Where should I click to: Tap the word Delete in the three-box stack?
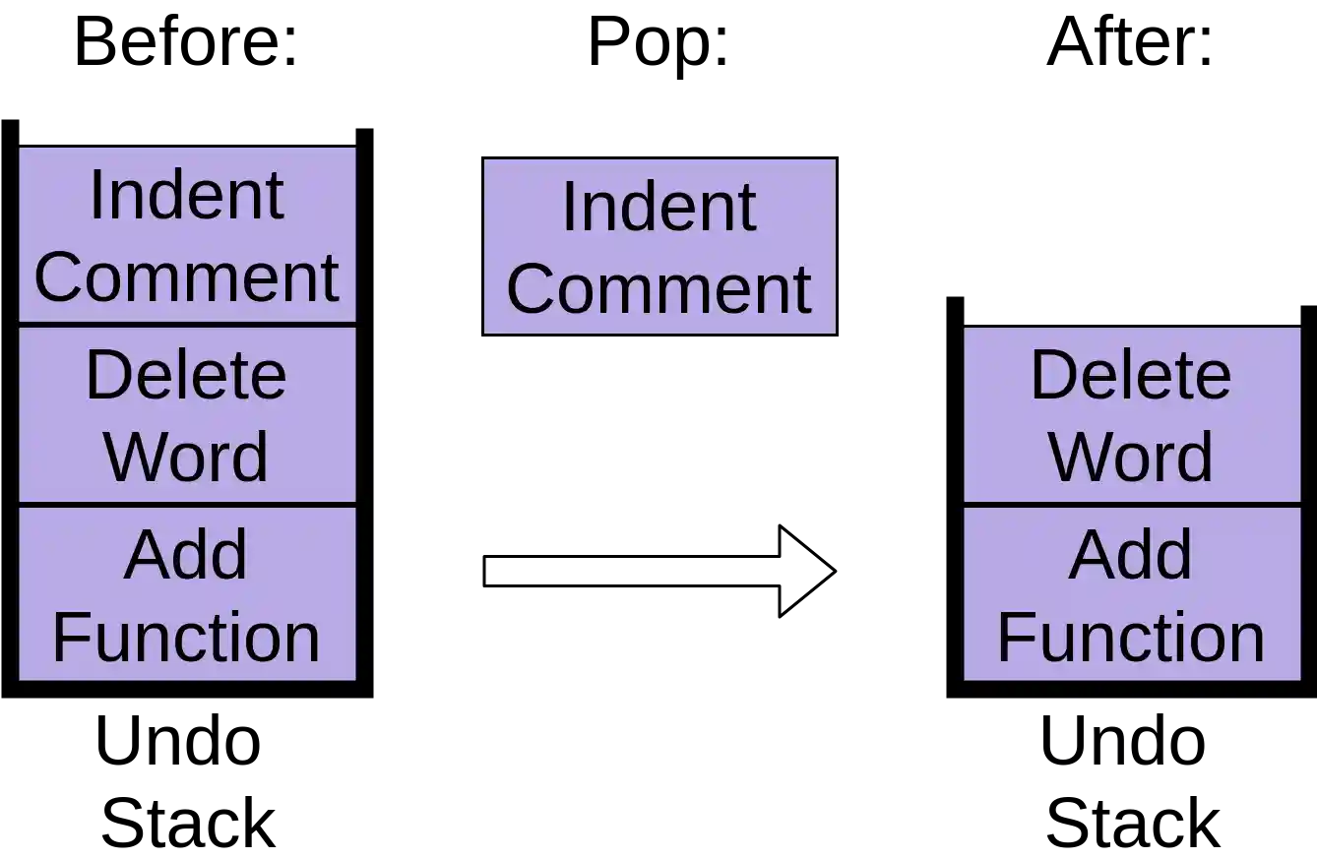click(186, 375)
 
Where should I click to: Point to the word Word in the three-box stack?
click(186, 457)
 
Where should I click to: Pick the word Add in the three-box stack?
click(186, 555)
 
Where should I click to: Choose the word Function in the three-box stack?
click(186, 638)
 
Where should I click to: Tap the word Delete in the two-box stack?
click(1131, 375)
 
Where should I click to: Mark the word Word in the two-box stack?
click(1131, 457)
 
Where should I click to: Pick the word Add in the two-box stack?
click(1131, 555)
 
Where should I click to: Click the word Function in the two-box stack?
click(1131, 638)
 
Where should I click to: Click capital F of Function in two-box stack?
click(1013, 638)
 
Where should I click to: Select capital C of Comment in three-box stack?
click(57, 277)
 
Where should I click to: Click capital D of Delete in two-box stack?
click(1051, 375)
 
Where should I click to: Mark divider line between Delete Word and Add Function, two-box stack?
click(1132, 505)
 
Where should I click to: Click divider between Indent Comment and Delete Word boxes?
click(187, 325)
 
